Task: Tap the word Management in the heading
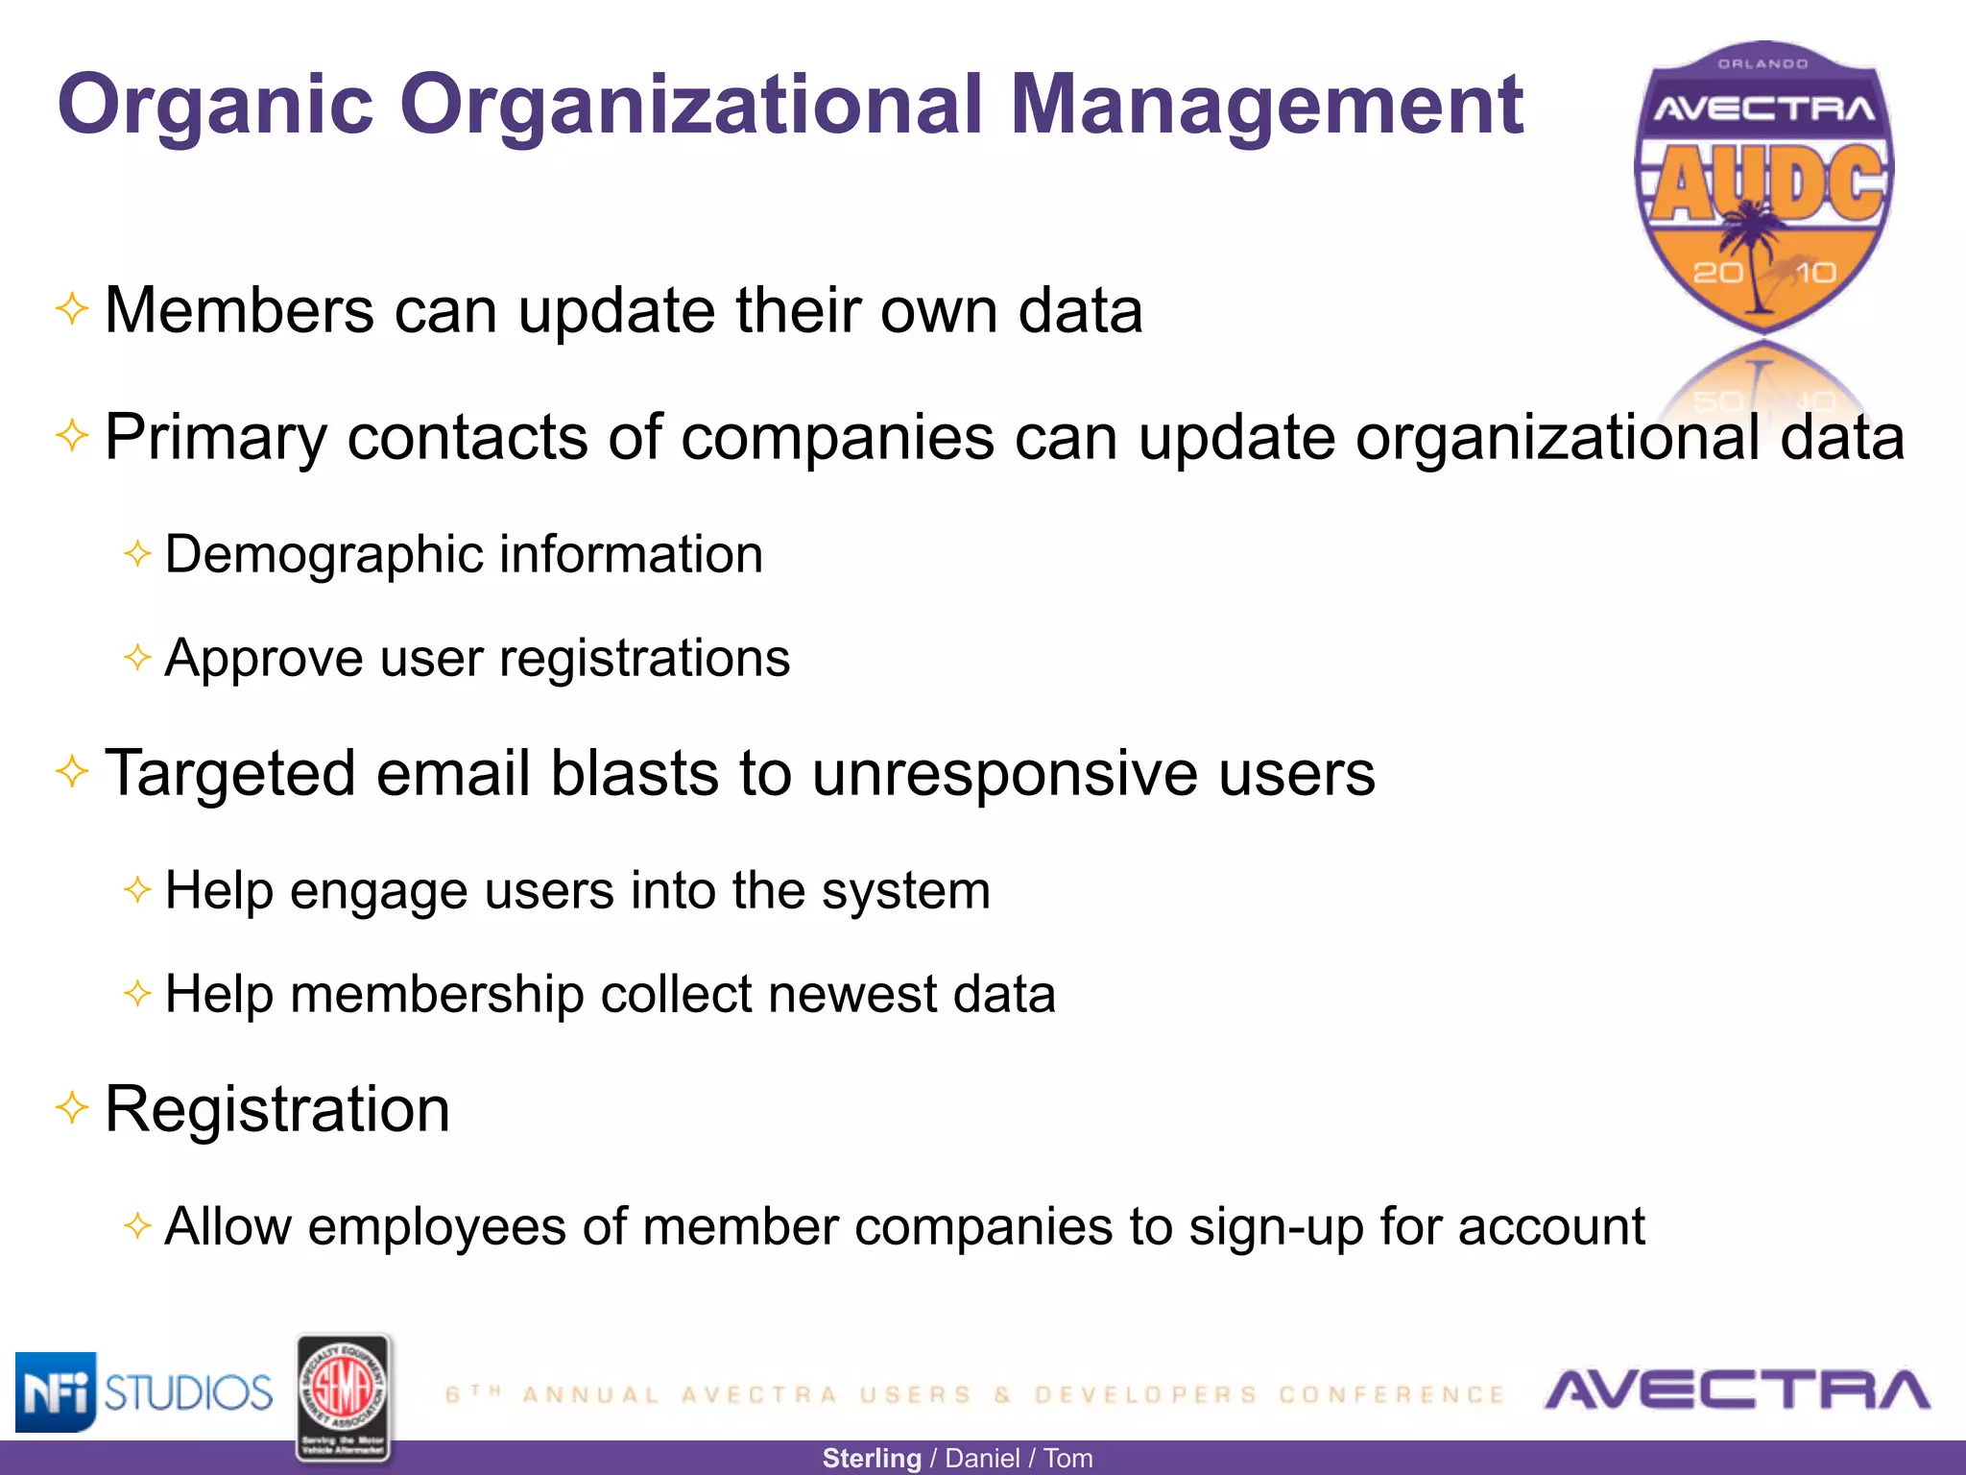point(1266,106)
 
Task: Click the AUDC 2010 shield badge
point(1763,187)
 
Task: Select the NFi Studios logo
point(144,1391)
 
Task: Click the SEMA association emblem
point(344,1397)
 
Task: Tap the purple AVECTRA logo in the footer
point(1737,1390)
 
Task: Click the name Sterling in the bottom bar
point(872,1458)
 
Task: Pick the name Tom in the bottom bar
point(1067,1458)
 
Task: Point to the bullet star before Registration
point(72,1107)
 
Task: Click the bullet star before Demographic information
point(137,553)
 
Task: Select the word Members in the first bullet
point(239,310)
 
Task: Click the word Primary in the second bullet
point(215,438)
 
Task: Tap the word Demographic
point(323,555)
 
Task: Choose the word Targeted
point(230,774)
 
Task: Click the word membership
point(437,994)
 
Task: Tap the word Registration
point(277,1109)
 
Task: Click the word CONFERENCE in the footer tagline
point(1392,1394)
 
